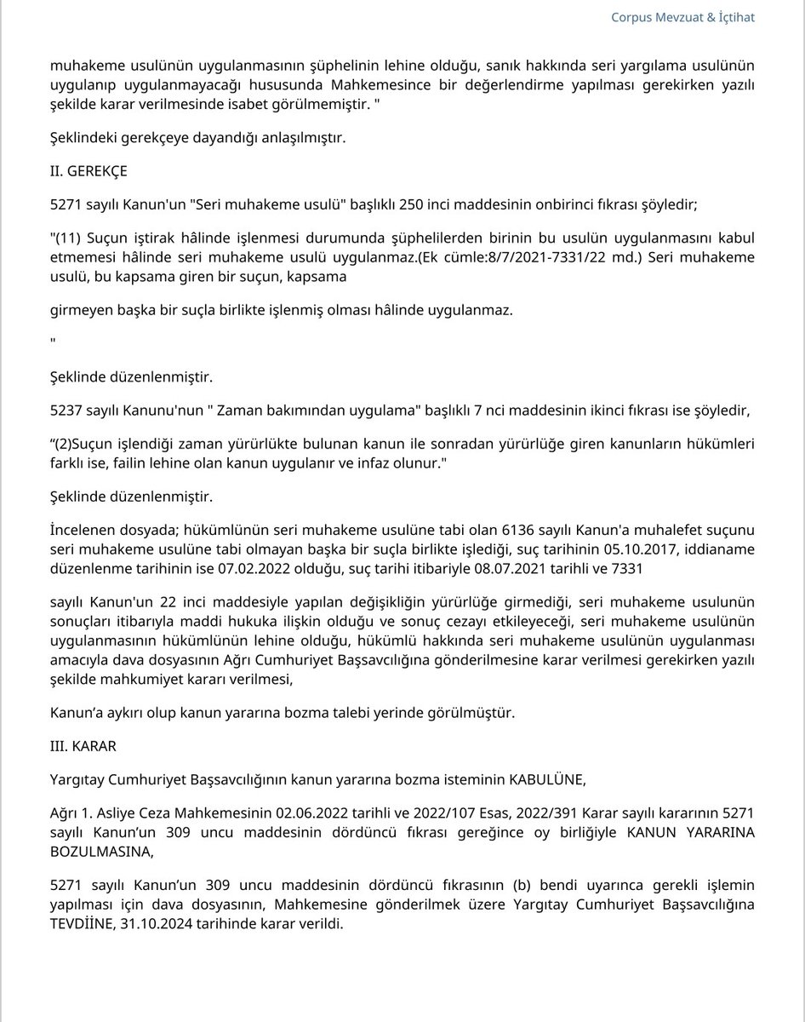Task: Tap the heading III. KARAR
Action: (83, 745)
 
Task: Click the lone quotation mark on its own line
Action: (54, 342)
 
